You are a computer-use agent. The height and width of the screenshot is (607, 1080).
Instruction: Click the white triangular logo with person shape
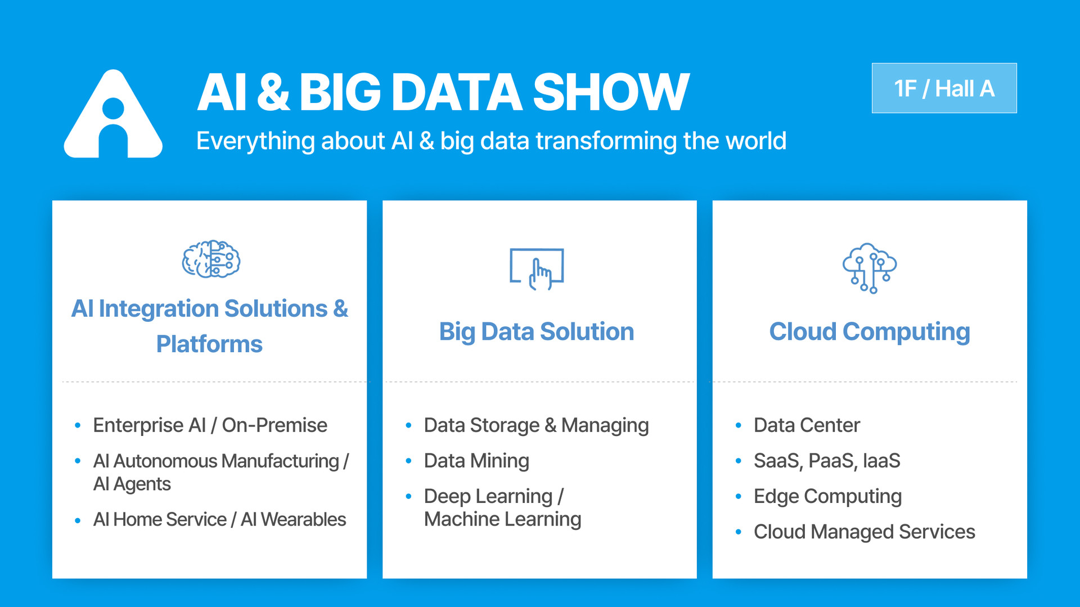[x=113, y=115]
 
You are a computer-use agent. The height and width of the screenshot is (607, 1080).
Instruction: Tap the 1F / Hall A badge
[x=944, y=88]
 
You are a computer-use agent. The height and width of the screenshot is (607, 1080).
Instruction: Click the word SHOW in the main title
[x=610, y=92]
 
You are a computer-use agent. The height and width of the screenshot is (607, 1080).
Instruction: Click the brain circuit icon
[x=211, y=259]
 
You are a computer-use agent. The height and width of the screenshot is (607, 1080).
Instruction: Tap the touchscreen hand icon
[x=537, y=269]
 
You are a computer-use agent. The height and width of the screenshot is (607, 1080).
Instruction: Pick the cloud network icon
[x=869, y=268]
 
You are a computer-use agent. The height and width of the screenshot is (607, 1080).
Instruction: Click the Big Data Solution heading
[x=537, y=331]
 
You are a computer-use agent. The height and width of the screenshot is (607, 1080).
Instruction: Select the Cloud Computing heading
[x=869, y=331]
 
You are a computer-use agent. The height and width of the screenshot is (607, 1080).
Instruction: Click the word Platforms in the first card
[x=209, y=344]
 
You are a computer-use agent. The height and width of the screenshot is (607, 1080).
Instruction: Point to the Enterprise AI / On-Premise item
[x=210, y=425]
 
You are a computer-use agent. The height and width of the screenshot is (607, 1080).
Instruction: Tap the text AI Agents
[x=132, y=484]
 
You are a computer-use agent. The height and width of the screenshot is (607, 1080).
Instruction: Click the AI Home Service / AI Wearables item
[x=219, y=519]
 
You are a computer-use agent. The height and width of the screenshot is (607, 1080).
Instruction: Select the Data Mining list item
[x=476, y=461]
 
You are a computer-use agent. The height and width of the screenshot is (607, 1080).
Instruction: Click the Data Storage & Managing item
[x=536, y=425]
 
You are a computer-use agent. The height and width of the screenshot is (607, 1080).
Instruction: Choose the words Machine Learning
[x=502, y=519]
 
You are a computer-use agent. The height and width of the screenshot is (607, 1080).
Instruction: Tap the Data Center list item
[x=807, y=425]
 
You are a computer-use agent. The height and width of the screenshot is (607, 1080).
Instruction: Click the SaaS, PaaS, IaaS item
[x=827, y=461]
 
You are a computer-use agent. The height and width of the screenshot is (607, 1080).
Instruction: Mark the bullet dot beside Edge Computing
[x=738, y=496]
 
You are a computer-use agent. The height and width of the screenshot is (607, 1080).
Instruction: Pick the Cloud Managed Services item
[x=864, y=532]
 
